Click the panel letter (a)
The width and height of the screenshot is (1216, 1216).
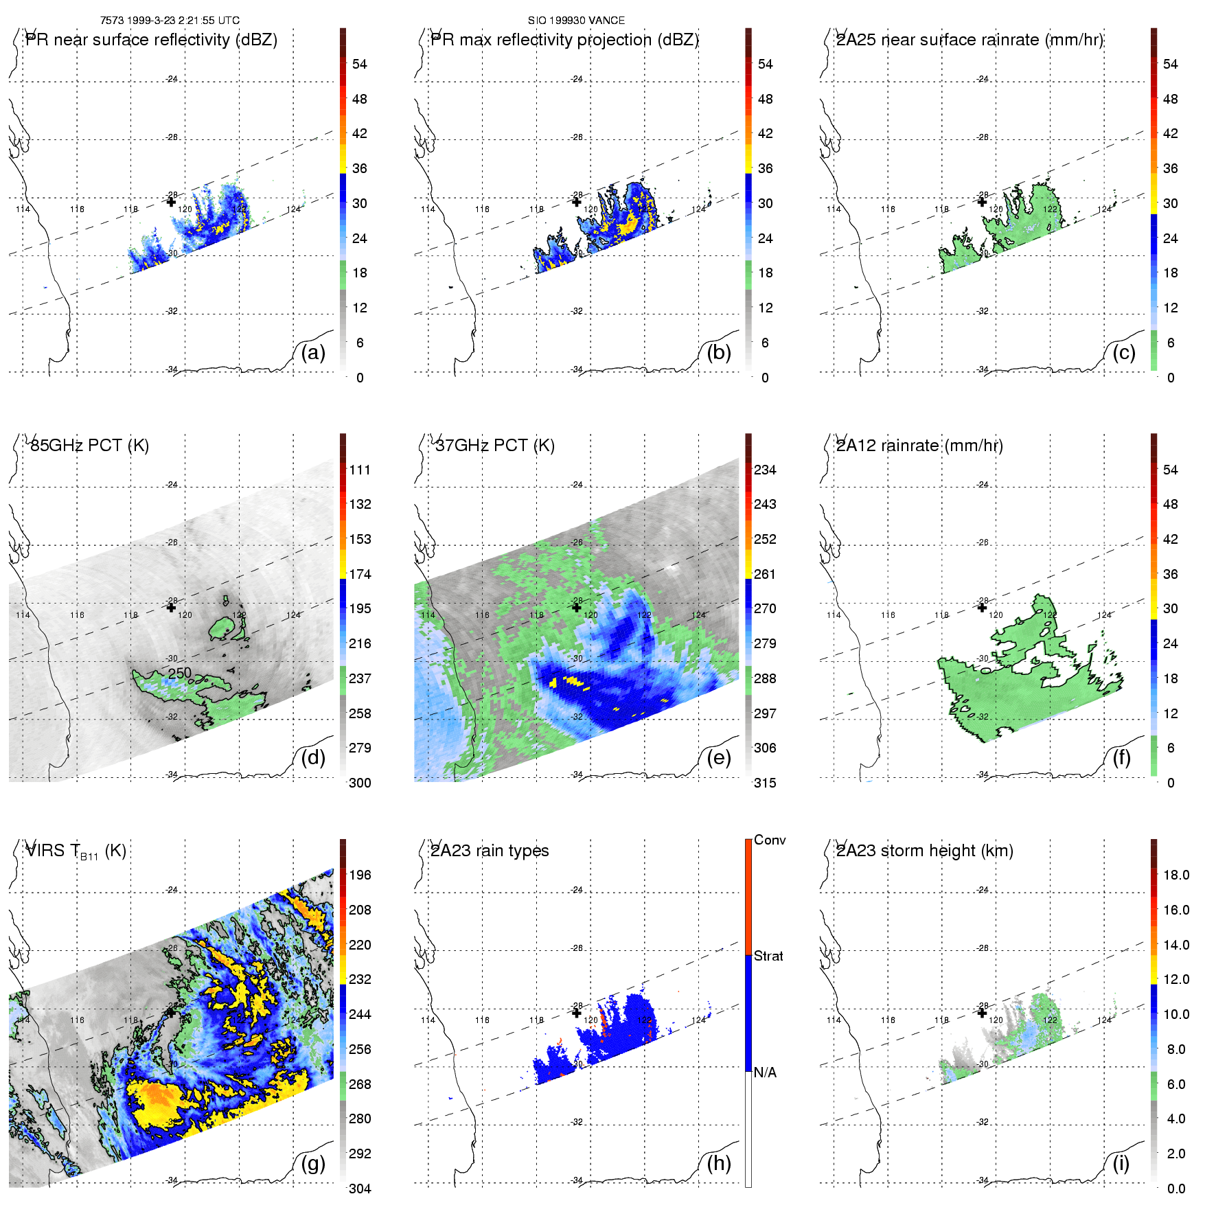(x=313, y=353)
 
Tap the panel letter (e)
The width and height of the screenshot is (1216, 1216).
(x=718, y=758)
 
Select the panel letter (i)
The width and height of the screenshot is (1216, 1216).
(x=1121, y=1163)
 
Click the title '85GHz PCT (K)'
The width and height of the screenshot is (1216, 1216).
(x=90, y=446)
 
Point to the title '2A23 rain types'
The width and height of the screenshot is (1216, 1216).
(x=490, y=851)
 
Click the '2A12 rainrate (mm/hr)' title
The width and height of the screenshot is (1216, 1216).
(x=919, y=446)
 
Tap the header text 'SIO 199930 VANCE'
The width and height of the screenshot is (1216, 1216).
(x=576, y=21)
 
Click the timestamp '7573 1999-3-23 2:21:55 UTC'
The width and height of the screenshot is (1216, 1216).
(x=170, y=21)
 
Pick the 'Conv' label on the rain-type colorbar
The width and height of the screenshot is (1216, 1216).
(x=770, y=840)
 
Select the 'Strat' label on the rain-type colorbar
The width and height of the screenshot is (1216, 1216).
(x=768, y=956)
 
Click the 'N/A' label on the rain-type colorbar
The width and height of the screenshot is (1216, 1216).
(x=765, y=1072)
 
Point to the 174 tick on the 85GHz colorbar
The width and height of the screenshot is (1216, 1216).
(x=360, y=574)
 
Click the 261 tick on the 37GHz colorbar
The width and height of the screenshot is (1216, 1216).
(x=765, y=574)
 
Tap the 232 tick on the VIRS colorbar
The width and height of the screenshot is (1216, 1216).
(x=360, y=979)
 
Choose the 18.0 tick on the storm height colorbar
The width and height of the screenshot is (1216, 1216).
(x=1176, y=875)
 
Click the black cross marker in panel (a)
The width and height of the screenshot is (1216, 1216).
(x=171, y=202)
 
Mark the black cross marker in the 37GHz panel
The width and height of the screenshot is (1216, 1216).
(x=577, y=607)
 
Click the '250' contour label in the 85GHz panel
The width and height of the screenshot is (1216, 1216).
(x=180, y=673)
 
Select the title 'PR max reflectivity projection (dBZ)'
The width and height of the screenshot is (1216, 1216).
(x=564, y=40)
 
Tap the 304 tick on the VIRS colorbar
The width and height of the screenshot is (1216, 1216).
(x=360, y=1189)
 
